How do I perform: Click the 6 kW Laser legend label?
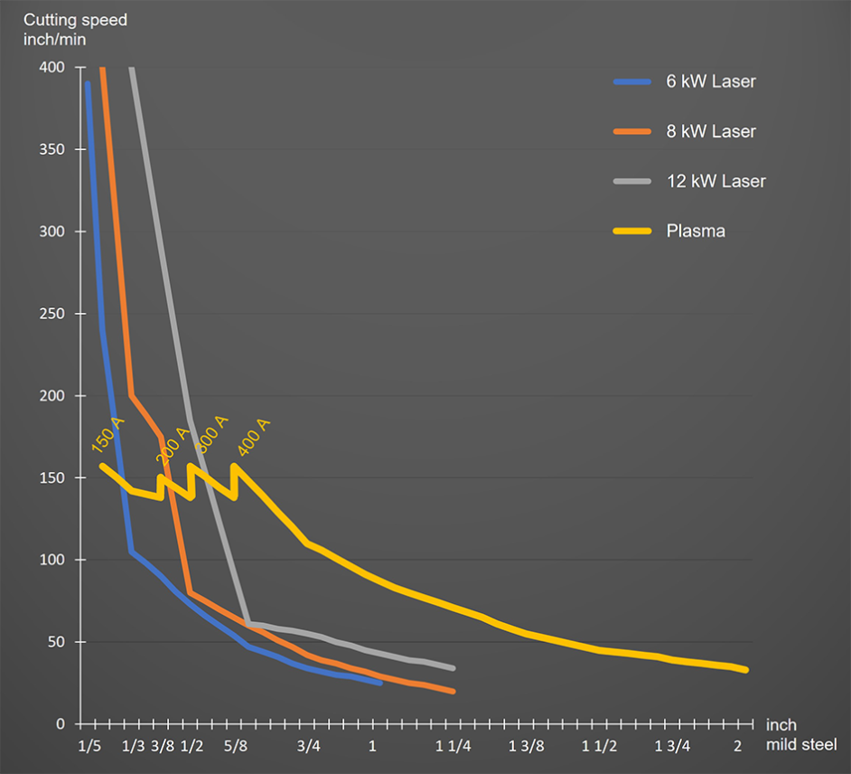(710, 81)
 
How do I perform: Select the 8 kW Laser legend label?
(710, 131)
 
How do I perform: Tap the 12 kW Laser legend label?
(715, 181)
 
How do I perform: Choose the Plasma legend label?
(696, 231)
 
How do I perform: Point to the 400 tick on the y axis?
(51, 68)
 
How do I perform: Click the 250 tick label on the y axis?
(51, 314)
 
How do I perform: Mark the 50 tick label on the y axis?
(55, 642)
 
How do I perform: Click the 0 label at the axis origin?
(60, 724)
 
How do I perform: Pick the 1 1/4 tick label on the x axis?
(453, 746)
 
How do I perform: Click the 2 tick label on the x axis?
(738, 746)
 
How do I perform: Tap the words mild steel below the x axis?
(801, 745)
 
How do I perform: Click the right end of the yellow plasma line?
(746, 670)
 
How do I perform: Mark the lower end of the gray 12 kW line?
(453, 668)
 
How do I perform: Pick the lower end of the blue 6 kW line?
(379, 683)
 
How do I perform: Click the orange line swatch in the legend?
(631, 131)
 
